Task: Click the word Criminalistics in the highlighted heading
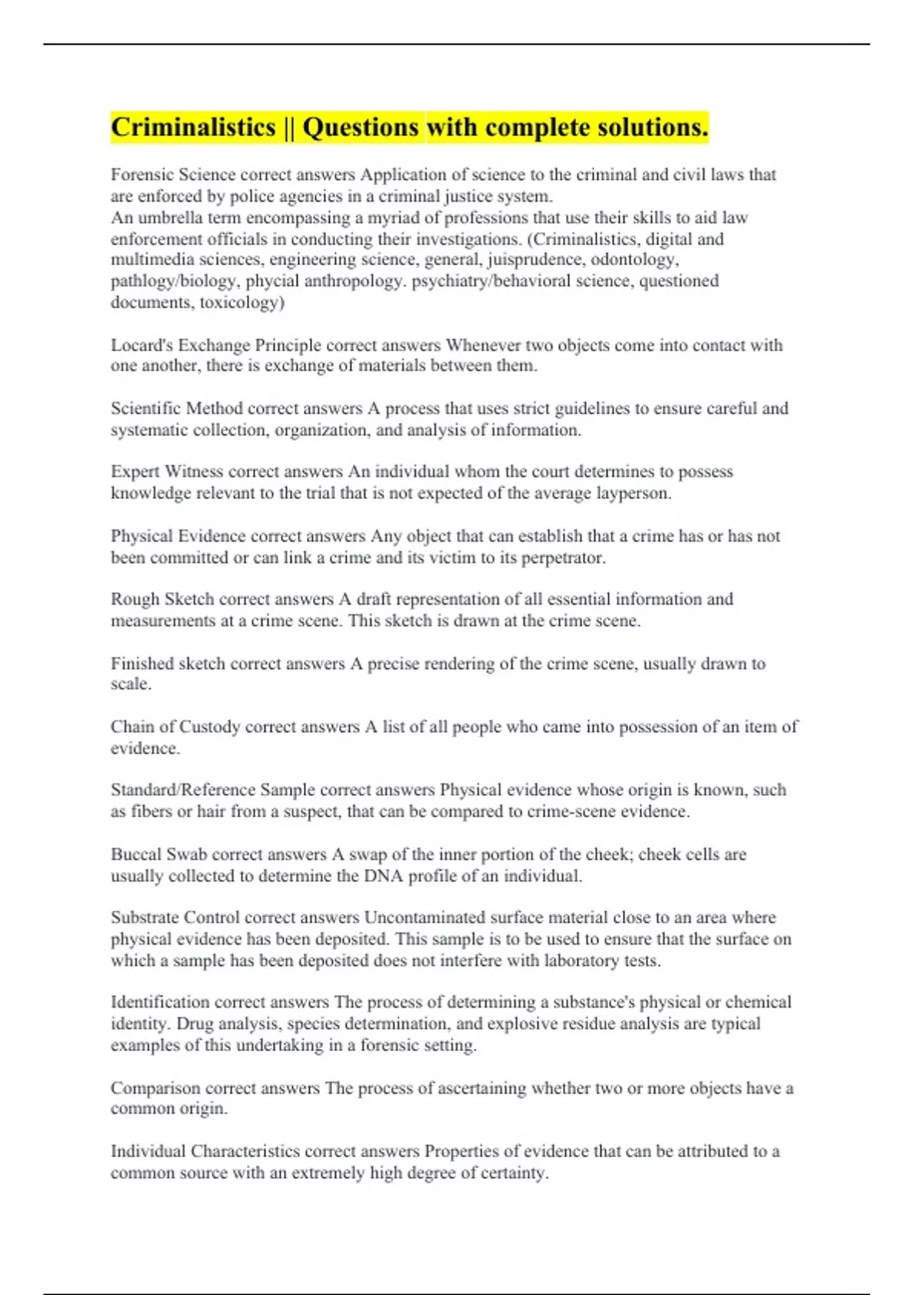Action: click(x=193, y=127)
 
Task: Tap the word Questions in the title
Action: click(x=361, y=127)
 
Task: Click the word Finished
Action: click(x=142, y=663)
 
